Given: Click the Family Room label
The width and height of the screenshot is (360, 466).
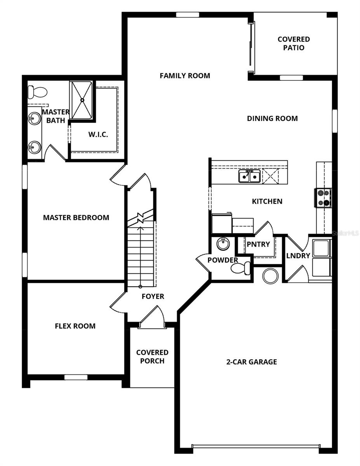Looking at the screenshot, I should click(185, 76).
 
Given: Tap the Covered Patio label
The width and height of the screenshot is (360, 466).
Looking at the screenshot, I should click(294, 43).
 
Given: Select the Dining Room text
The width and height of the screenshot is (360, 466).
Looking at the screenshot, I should click(272, 118).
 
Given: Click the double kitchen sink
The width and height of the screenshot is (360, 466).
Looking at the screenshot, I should click(249, 176).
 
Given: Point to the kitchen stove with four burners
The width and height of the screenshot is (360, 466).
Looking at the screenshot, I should click(323, 197).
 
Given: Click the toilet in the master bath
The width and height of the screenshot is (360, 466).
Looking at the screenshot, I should click(37, 92).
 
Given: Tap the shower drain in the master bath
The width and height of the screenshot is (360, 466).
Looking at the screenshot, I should click(82, 100).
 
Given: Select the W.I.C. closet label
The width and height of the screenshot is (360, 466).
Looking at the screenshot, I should click(98, 135).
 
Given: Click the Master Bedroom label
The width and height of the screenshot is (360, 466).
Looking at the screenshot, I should click(76, 217).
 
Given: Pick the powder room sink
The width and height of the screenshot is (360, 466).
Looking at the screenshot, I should click(223, 244).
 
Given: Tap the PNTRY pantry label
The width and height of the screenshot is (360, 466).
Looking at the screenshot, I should click(258, 244).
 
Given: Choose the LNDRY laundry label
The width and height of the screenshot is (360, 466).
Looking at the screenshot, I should click(298, 256).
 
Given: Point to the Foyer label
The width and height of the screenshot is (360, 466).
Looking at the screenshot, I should click(153, 296).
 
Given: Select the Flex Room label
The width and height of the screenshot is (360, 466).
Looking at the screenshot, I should click(75, 326).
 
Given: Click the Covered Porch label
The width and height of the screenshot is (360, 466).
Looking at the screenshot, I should click(152, 357).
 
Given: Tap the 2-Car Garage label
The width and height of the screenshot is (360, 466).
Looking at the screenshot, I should click(252, 362).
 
